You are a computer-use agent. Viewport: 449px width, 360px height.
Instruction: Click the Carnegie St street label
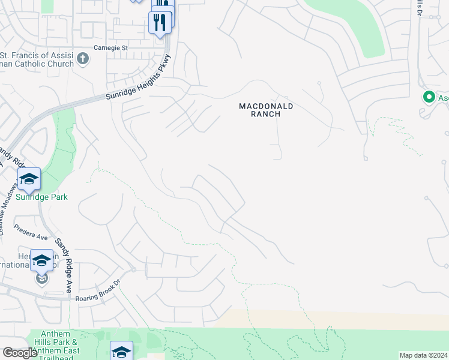click(111, 47)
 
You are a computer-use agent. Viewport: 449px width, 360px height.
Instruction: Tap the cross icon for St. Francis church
click(83, 59)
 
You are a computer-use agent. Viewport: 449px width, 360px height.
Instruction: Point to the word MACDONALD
click(266, 106)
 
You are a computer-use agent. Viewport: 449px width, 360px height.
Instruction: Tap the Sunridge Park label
click(42, 197)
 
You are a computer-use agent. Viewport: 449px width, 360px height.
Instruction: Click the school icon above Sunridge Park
click(29, 178)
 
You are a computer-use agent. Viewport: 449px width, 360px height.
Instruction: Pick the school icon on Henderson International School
click(41, 260)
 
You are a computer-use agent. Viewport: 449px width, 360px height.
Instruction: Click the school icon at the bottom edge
click(121, 351)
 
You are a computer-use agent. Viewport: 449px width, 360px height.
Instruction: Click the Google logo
click(19, 353)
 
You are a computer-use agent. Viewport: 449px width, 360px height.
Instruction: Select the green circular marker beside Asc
click(429, 97)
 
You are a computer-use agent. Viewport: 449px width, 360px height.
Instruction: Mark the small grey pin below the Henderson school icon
click(41, 278)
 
